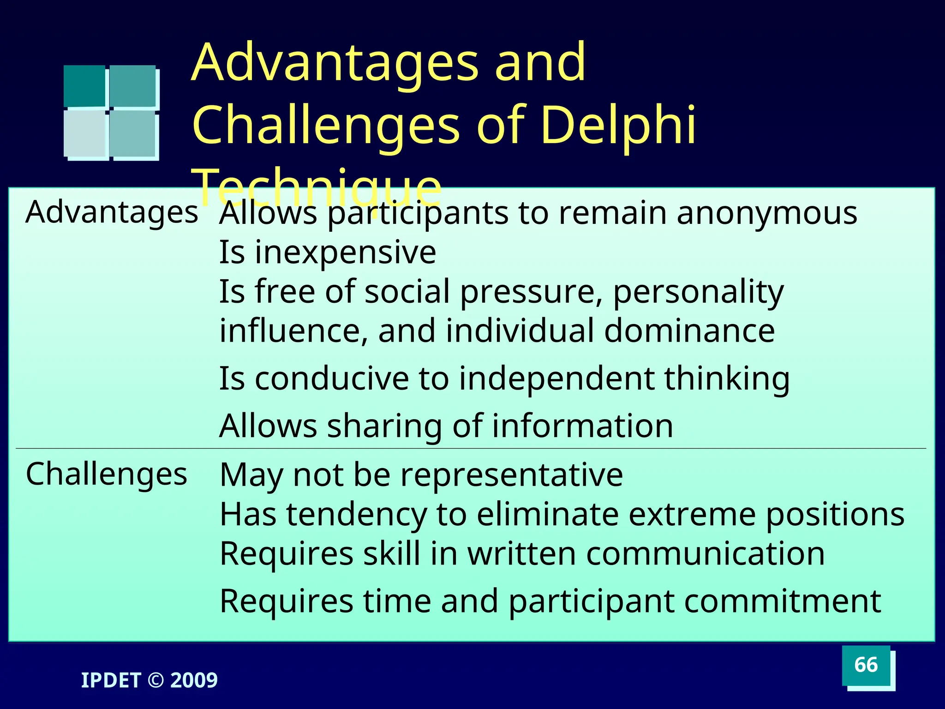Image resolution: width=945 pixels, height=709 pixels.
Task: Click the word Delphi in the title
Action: pos(618,125)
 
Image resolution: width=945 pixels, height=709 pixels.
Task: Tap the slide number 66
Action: pos(866,665)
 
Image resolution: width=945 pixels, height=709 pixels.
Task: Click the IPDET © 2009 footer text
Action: pos(149,680)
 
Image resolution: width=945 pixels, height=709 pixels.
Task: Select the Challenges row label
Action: pos(107,474)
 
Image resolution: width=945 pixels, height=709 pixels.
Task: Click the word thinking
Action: pos(727,379)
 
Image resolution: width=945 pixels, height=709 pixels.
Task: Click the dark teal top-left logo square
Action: pos(84,86)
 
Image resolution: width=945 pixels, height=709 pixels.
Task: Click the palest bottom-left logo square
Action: pos(85,134)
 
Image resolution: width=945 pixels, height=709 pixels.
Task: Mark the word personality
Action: pos(698,292)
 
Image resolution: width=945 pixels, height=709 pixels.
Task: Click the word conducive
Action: pos(332,379)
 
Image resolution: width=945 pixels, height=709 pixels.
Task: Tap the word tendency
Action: pos(356,514)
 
